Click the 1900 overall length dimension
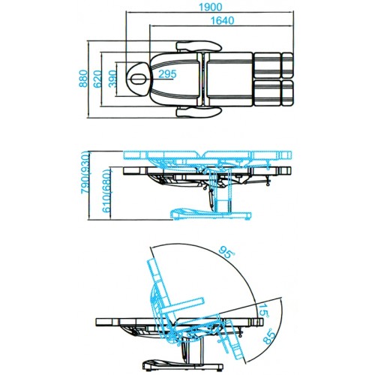[210, 7]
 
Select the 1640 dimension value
[222, 20]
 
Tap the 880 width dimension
[83, 79]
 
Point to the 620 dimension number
[97, 79]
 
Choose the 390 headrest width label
[112, 79]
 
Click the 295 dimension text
[167, 73]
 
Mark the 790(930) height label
[85, 172]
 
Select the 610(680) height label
[106, 191]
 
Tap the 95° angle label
[226, 252]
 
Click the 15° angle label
[263, 310]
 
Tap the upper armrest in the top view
[199, 46]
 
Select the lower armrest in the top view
[199, 112]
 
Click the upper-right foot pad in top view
[287, 65]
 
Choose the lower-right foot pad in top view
[287, 92]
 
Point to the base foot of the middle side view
[211, 214]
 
